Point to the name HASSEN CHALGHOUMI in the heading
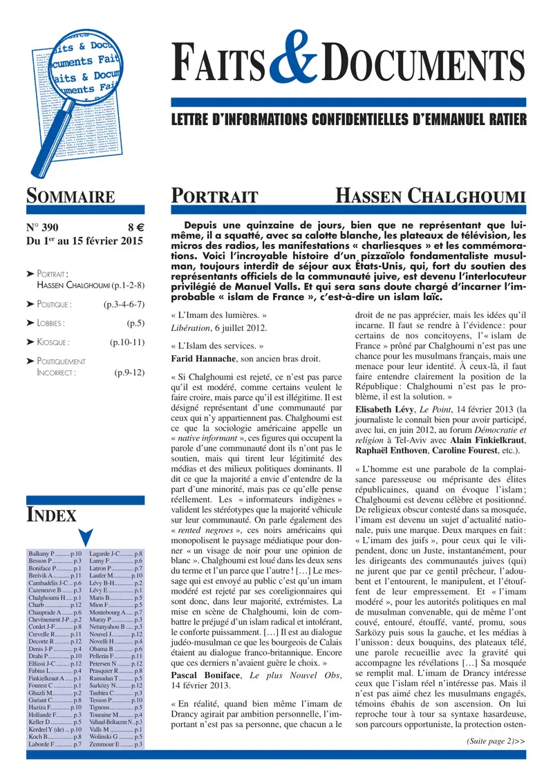(x=431, y=196)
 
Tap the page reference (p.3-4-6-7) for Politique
(x=123, y=303)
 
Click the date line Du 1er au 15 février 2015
(x=84, y=241)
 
